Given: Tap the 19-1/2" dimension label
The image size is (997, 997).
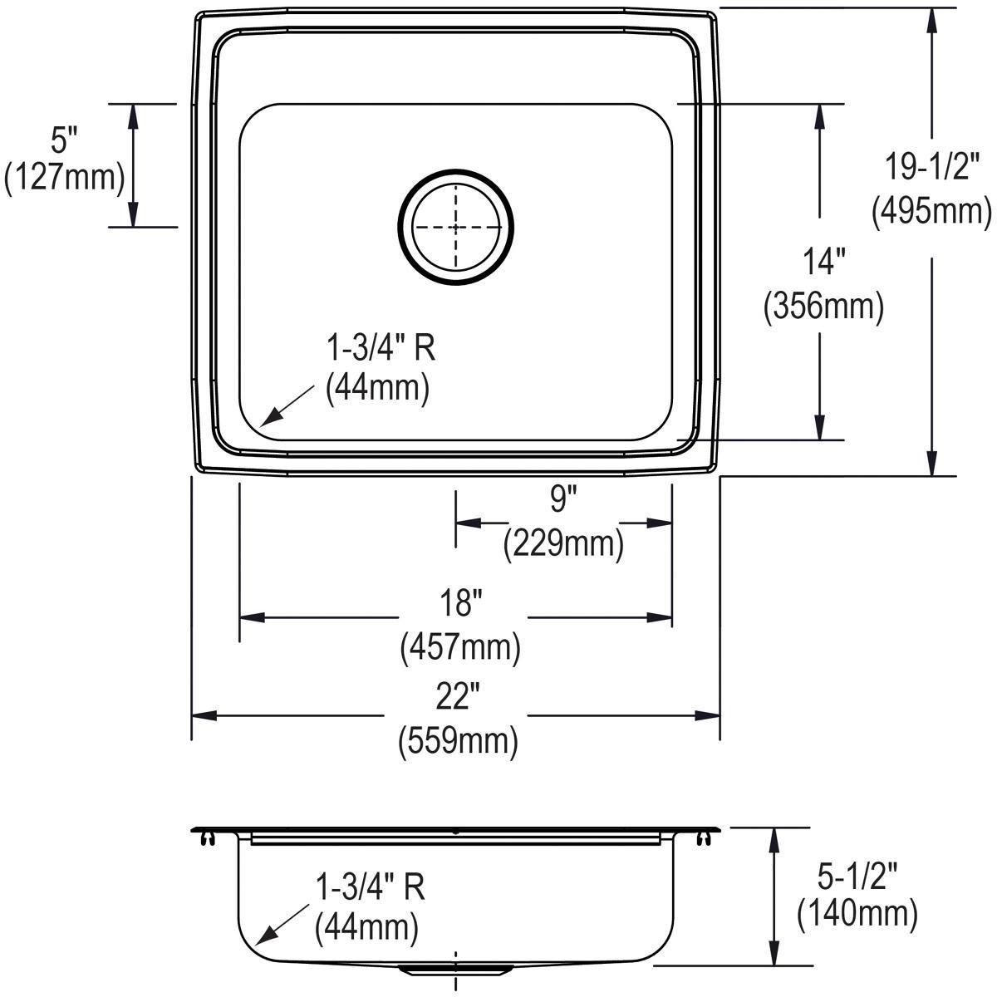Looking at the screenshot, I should point(931,168).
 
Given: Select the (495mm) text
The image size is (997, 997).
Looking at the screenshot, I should point(931,212).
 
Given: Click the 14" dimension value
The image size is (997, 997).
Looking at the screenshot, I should point(823,263).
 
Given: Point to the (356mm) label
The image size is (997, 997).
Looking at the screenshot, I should point(823,307).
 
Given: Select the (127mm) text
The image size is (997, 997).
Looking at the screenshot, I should point(64,178).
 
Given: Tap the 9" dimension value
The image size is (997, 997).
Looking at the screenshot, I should point(562,500).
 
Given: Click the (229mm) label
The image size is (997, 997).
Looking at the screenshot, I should point(562,544).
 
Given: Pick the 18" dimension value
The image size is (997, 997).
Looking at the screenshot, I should point(461,603).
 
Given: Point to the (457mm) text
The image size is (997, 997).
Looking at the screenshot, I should point(461,646).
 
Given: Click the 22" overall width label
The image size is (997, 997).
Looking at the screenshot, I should point(459,696).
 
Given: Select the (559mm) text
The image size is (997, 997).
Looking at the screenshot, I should point(459,739).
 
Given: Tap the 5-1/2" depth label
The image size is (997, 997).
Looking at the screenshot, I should point(857,873).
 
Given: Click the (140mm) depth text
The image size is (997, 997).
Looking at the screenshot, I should point(857,915).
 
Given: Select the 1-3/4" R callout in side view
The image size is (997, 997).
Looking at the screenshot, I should point(371,886).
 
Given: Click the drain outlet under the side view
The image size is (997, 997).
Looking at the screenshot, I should point(454,970).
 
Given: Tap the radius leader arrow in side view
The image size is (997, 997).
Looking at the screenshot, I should point(279,925).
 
